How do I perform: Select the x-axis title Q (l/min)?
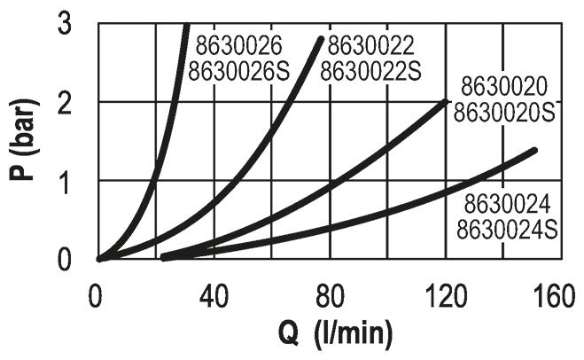(x=329, y=335)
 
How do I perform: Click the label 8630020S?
(x=505, y=113)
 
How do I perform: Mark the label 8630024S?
(x=507, y=232)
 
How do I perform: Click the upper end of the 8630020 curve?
(x=445, y=102)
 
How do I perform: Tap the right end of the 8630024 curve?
(x=534, y=150)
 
